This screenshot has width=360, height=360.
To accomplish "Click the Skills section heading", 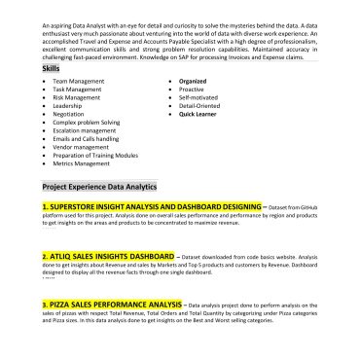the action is point(51,69).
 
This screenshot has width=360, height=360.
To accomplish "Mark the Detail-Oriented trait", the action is point(198,106).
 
